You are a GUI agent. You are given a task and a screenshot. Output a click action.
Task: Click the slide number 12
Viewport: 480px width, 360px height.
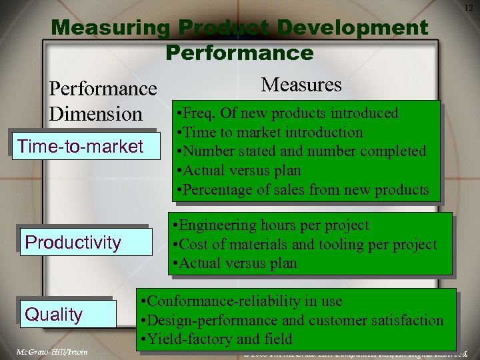468,7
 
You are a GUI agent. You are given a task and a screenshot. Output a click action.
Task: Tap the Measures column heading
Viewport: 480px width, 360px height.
301,85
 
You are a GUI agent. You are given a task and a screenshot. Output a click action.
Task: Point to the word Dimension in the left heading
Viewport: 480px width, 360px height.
96,113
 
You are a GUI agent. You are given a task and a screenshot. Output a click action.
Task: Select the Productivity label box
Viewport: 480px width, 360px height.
73,242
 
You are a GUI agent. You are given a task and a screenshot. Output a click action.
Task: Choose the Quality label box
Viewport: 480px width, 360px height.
54,314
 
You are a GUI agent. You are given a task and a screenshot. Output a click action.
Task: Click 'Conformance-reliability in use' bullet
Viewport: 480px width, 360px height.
243,301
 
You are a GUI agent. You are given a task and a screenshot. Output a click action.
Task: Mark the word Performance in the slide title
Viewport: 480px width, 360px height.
239,52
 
